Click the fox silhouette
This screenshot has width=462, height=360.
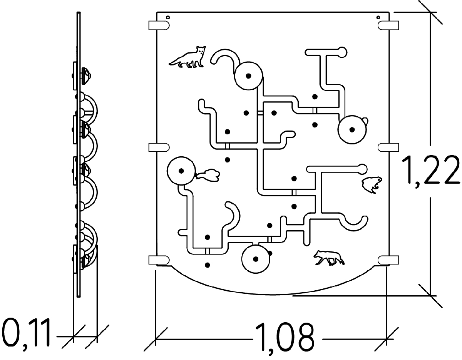189,57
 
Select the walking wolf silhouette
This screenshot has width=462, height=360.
328,258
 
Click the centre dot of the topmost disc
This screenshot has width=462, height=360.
249,76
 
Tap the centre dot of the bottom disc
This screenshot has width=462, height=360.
256,259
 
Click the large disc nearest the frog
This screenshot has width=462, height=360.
352,130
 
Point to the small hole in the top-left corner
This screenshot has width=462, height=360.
168,17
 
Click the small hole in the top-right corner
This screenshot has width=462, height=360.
378,17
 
